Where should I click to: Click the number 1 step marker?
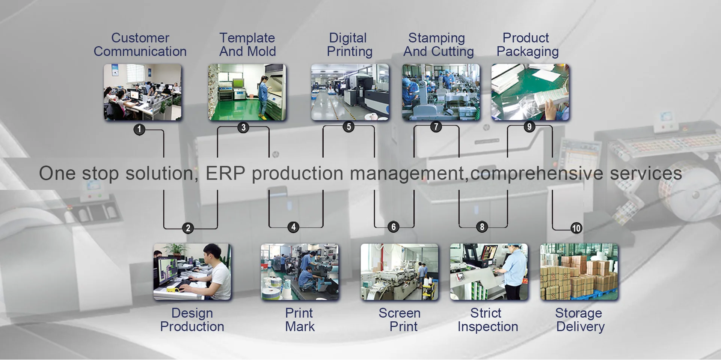tap(139, 130)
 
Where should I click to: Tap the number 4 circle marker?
tap(293, 227)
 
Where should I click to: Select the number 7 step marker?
tap(436, 127)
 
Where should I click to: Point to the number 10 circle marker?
tap(576, 228)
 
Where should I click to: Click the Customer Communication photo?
tap(143, 92)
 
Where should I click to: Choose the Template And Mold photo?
tap(247, 92)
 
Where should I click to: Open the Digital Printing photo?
tap(350, 92)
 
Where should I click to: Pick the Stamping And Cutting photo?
tap(441, 92)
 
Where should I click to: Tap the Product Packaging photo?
tap(530, 92)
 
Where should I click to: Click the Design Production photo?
tap(192, 271)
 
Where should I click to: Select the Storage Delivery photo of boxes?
tap(579, 271)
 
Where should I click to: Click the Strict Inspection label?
tap(487, 320)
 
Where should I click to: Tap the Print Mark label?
tap(300, 320)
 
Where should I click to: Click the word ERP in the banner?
tap(225, 173)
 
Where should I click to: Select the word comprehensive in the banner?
tap(537, 173)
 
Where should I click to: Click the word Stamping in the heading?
tap(436, 38)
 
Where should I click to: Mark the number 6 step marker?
tap(393, 227)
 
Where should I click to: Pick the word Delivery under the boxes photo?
tap(580, 327)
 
